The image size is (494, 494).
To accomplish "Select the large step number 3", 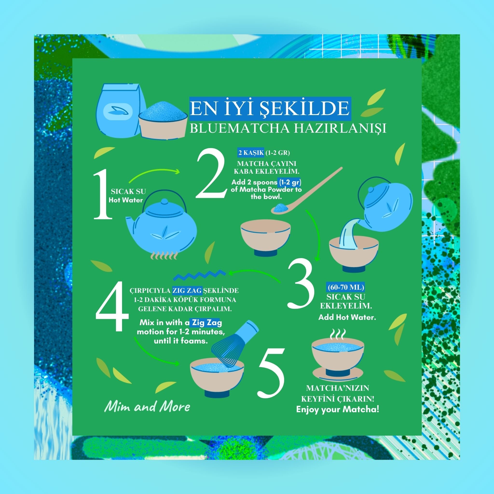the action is (x=301, y=283).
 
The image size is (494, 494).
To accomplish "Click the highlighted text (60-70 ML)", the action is (x=346, y=287).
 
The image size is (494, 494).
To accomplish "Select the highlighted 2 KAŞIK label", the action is (x=251, y=153).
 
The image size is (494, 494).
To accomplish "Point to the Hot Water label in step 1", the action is (x=125, y=200).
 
